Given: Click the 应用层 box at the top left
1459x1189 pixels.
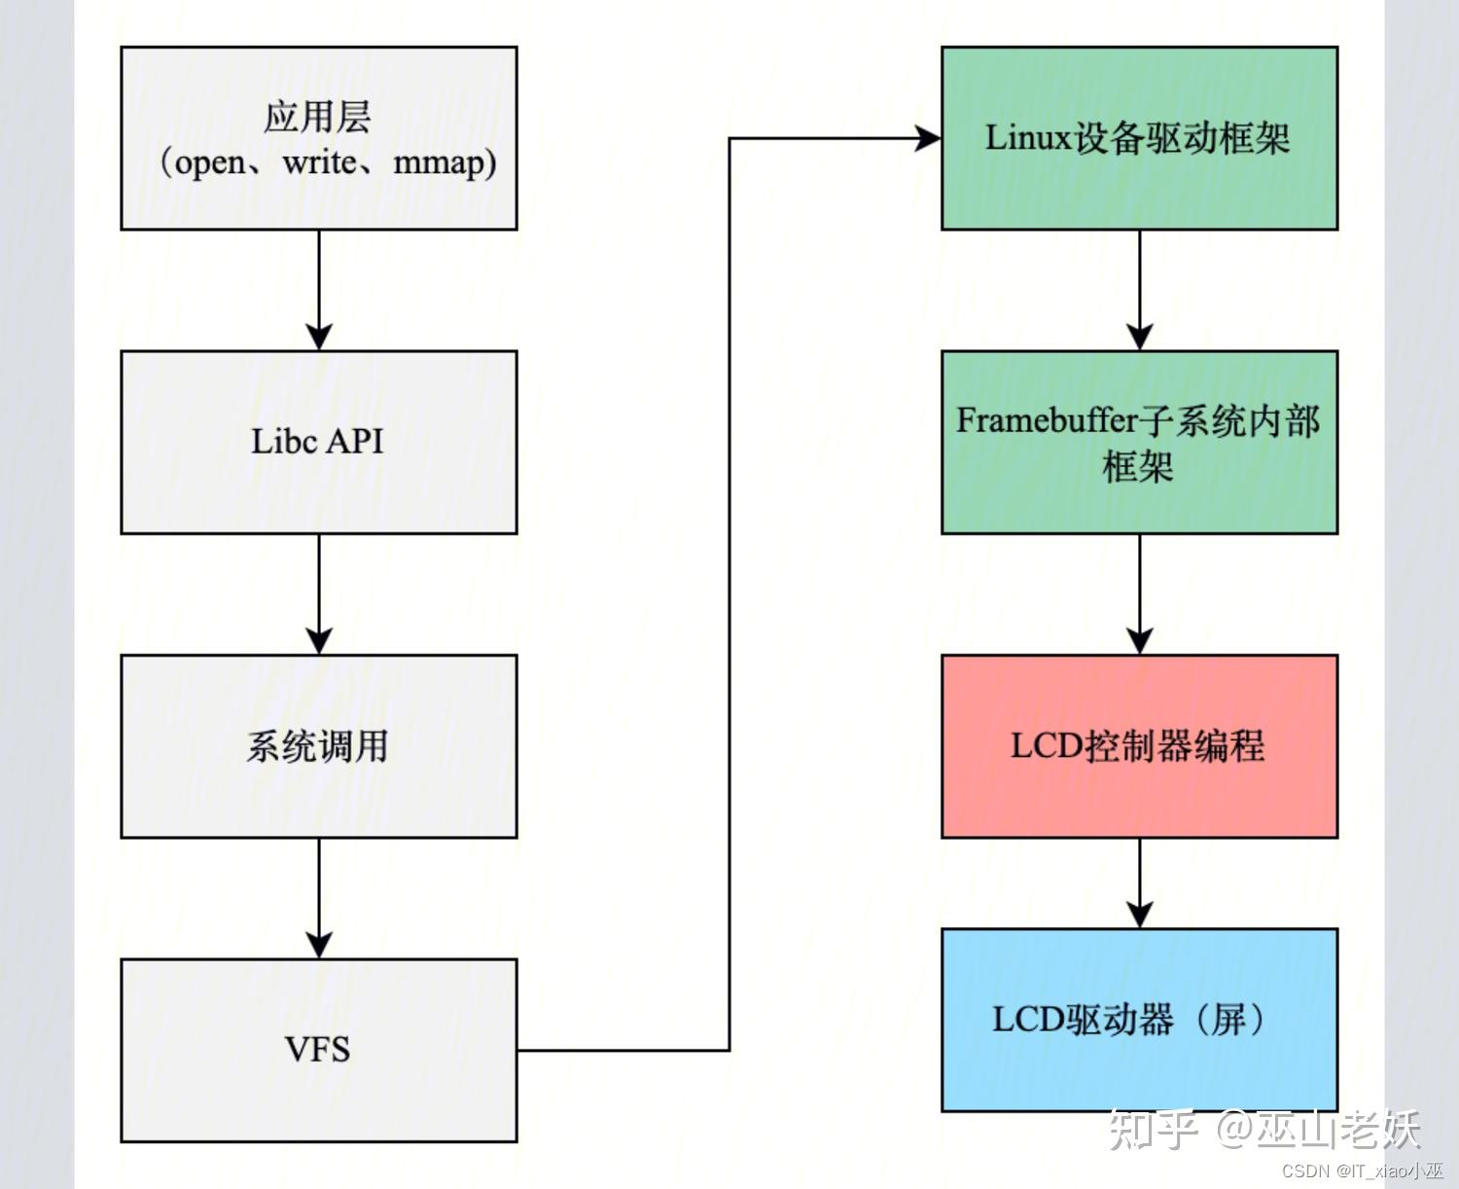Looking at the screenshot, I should coord(318,138).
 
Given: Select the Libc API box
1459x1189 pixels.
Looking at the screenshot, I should coord(318,442).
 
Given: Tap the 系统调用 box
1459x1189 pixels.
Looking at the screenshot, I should coord(318,746).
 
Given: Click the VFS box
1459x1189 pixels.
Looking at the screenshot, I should coord(318,1050).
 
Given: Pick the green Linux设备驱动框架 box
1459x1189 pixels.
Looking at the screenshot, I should coord(1139,138).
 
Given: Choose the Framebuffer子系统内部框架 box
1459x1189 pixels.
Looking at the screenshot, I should coord(1139,442).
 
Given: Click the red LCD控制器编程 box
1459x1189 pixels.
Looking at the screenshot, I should coord(1139,746).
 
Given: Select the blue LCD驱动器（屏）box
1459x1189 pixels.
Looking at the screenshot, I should coord(1139,1020).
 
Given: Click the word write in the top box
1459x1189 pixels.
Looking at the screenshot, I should coord(319,162).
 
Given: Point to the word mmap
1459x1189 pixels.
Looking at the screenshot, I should coord(438,162).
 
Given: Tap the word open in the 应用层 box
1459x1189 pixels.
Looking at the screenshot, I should coord(210,162).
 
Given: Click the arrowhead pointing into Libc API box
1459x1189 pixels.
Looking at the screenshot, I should coord(319,337).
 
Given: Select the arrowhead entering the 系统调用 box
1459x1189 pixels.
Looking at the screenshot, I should coord(319,640).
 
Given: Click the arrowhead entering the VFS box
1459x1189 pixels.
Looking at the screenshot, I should coord(319,944).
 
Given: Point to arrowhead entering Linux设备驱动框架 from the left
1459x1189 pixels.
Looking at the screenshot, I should coord(927,138).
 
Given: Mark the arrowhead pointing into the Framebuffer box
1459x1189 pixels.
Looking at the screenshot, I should coord(1140,337).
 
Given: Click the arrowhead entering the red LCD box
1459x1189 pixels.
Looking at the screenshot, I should coord(1140,640).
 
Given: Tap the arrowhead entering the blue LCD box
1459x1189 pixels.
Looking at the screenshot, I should coord(1140,915).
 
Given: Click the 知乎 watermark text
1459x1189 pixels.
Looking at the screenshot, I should coord(1154,1131).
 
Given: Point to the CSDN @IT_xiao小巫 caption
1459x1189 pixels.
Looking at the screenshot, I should coord(1362,1171).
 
